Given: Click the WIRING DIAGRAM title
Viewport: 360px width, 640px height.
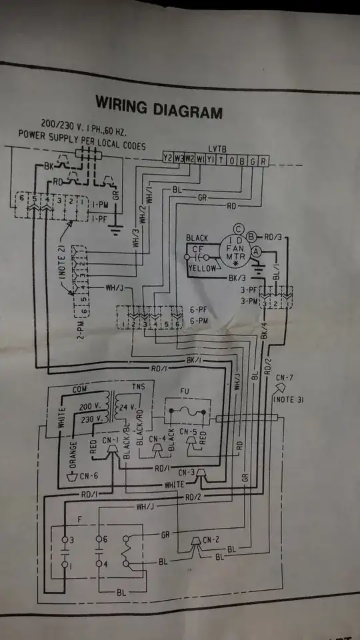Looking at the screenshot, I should pos(159,106).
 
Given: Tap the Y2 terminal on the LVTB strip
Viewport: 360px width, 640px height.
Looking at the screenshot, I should pos(168,160).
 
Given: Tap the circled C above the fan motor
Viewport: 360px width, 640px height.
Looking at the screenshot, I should pos(238,229).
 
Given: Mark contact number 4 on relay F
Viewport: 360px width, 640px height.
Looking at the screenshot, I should pos(105,563).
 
